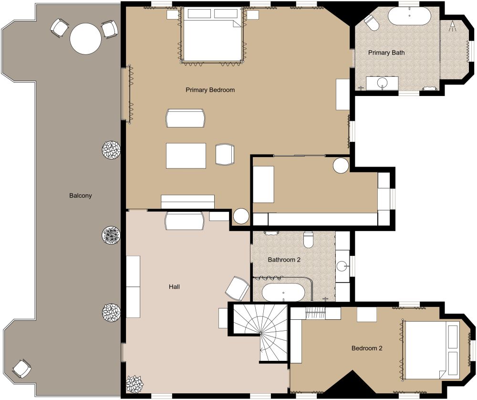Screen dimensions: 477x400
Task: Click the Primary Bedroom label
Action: (x=210, y=90)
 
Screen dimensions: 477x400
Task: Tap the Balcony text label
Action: (x=80, y=195)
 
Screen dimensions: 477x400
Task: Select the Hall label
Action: (x=174, y=286)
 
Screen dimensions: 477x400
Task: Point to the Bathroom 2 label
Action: (x=284, y=260)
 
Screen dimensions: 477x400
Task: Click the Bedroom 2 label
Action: (x=366, y=348)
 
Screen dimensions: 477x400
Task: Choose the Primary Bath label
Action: (x=386, y=53)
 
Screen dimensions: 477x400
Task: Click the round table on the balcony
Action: (x=85, y=39)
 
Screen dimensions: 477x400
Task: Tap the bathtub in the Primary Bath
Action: (x=409, y=16)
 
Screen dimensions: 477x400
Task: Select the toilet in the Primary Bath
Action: (x=372, y=22)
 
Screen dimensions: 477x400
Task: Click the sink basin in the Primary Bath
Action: (x=382, y=83)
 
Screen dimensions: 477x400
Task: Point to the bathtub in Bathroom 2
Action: (x=283, y=292)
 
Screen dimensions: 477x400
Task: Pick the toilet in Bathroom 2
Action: (x=308, y=239)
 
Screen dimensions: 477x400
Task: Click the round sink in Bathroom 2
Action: (x=343, y=267)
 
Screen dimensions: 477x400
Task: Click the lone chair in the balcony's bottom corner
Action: (x=21, y=368)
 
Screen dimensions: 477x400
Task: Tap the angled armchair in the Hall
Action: (x=238, y=288)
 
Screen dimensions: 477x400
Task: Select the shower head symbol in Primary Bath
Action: (x=452, y=26)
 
